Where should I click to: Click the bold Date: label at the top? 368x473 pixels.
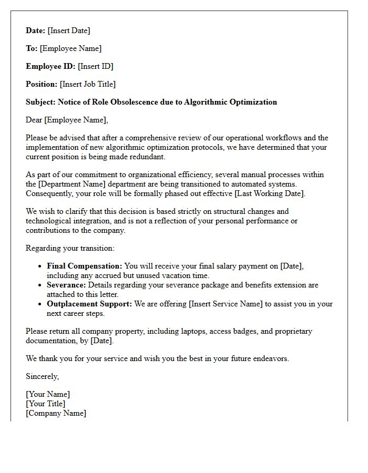(36, 30)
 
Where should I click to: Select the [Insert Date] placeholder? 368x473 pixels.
(69, 30)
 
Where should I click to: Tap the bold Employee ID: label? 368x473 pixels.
(50, 66)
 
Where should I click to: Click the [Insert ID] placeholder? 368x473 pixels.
(96, 66)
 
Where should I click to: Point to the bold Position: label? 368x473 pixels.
(42, 84)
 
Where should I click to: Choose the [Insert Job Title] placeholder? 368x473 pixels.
(88, 84)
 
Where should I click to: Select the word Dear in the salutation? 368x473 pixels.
(34, 120)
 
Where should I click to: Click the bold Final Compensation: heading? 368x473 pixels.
(84, 266)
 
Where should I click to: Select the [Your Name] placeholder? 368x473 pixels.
(48, 394)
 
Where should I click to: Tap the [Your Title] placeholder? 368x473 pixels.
(46, 404)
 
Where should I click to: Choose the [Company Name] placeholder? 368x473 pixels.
(56, 413)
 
